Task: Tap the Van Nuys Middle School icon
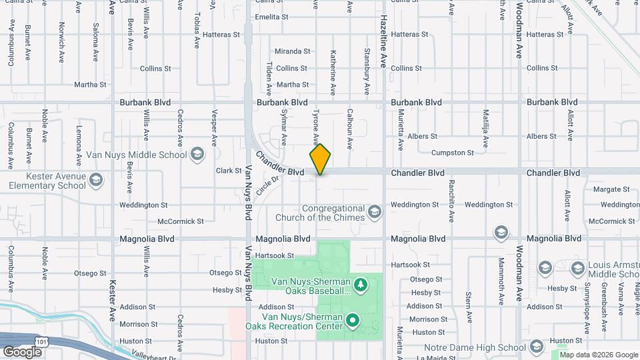197,155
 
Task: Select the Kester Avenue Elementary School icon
97,180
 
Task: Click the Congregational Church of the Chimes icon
375,213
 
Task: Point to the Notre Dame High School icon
537,347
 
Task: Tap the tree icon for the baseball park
361,286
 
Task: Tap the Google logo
21,352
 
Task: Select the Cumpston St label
452,153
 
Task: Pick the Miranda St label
293,51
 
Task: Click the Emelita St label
271,17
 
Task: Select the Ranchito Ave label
451,199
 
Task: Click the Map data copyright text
599,355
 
